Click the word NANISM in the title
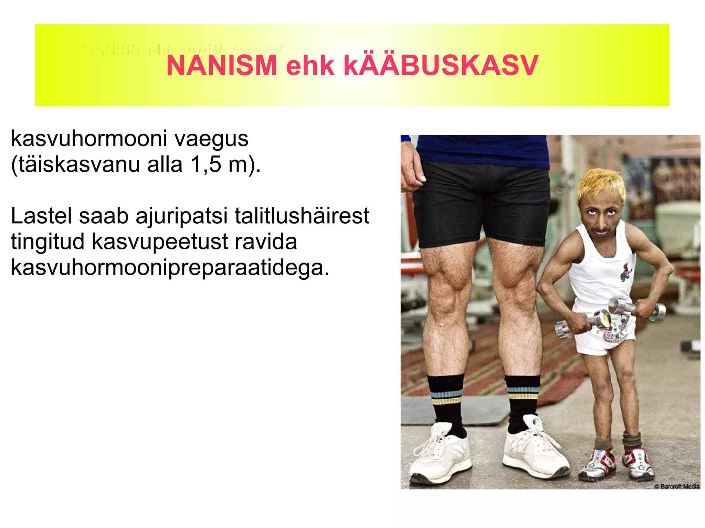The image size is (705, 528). coord(222,65)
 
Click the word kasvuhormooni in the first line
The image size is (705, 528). coord(89,139)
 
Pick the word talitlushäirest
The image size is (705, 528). coord(302,216)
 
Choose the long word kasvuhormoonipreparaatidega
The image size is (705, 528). coord(170,267)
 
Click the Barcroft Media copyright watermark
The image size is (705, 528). coord(676,486)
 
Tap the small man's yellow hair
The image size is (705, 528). coord(601,184)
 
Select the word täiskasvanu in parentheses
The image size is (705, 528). coord(79,164)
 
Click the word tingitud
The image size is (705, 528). coord(48,242)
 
